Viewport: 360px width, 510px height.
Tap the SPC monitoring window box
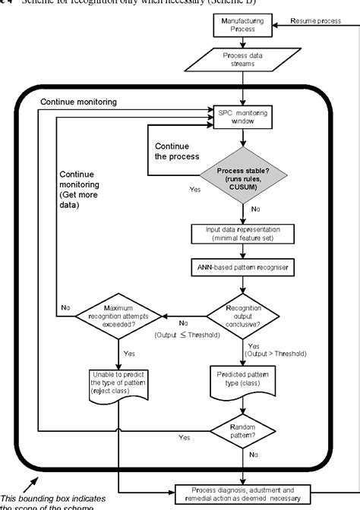[241, 117]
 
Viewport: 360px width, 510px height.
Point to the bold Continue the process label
[176, 152]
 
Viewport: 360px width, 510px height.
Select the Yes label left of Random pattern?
[184, 438]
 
